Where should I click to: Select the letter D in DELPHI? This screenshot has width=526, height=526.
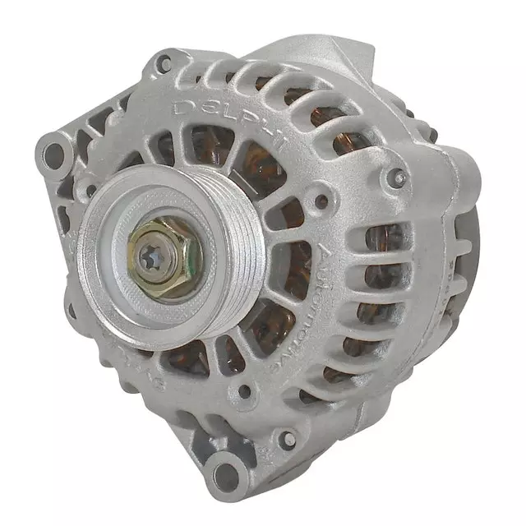pyautogui.click(x=182, y=108)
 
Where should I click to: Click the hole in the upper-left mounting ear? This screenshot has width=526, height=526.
pyautogui.click(x=54, y=153)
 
